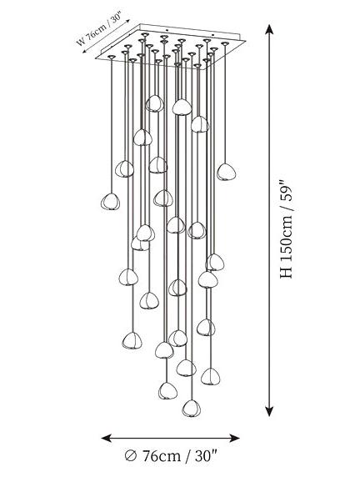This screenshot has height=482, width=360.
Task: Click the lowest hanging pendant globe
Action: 192,408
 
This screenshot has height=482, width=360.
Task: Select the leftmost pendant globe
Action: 110,201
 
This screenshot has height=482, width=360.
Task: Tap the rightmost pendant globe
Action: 227,172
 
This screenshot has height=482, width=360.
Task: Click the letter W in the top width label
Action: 81,42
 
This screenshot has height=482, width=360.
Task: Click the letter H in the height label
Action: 287,271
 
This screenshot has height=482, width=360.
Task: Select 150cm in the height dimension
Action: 287,238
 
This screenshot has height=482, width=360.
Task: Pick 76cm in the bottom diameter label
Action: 161,455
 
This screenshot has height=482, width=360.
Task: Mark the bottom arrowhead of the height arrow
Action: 269,411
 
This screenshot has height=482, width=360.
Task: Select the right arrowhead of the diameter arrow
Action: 234,438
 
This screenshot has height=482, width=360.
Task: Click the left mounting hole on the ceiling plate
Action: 167,30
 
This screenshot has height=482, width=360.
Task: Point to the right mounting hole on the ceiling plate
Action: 222,31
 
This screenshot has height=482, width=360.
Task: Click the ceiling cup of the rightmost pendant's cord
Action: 225,43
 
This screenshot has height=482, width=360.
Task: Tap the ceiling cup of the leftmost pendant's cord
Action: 111,57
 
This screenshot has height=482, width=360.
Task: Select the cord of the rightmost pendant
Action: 226,104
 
